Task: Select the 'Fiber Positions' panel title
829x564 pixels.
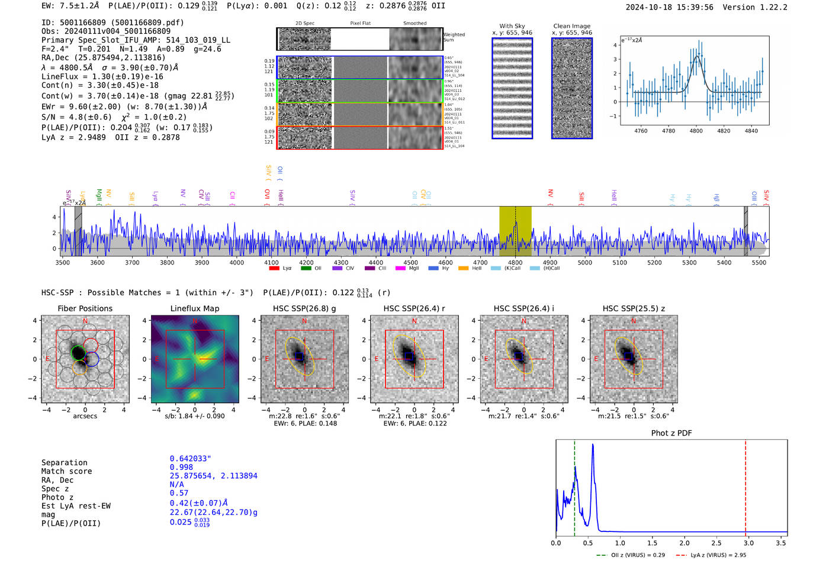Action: (x=85, y=308)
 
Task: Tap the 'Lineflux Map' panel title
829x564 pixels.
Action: (x=194, y=308)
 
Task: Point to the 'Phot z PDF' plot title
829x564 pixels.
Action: (x=671, y=433)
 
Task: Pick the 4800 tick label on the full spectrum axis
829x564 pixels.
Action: (x=515, y=262)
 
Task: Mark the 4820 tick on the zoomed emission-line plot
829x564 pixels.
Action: (x=724, y=131)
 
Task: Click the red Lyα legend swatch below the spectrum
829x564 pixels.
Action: (x=274, y=268)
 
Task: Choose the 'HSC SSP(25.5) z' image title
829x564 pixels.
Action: (x=634, y=308)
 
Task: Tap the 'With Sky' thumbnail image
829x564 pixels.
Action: (x=512, y=88)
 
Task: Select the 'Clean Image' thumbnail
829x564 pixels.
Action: (x=572, y=88)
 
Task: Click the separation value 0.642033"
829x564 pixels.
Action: (x=190, y=459)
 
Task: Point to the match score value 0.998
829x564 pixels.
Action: (x=181, y=468)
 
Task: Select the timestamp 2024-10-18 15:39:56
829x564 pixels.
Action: (x=669, y=7)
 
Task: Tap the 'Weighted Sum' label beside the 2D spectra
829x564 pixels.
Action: (x=454, y=37)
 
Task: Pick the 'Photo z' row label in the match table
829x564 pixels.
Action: (x=57, y=497)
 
